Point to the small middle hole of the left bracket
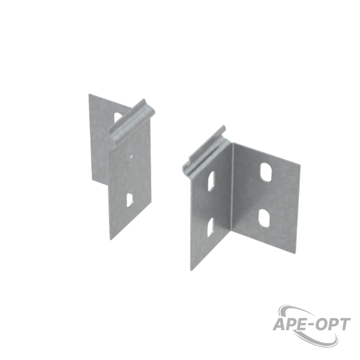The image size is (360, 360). (130, 157)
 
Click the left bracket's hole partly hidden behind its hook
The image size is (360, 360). (118, 117)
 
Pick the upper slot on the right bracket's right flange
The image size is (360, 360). (266, 172)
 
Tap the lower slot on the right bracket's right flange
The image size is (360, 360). (264, 218)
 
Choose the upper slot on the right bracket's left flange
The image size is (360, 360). (211, 181)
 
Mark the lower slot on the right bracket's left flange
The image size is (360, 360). (211, 227)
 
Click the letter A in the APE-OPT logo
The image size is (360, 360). (280, 325)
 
